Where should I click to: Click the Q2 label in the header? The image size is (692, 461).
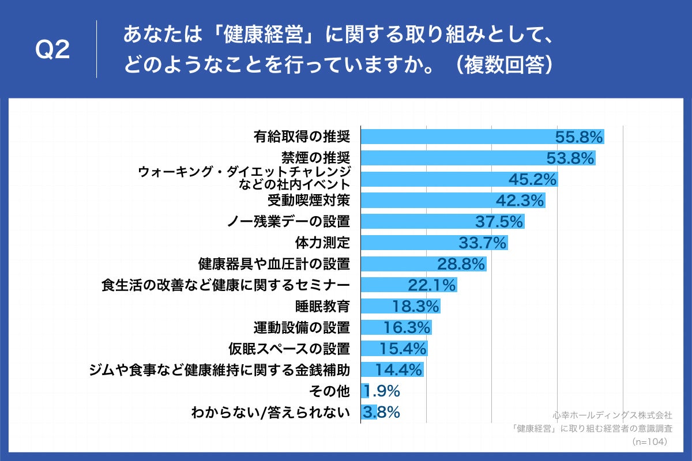(52, 50)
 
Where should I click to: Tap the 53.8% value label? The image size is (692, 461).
(570, 158)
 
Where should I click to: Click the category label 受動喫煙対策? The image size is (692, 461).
(309, 200)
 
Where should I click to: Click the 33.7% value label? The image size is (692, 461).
(482, 243)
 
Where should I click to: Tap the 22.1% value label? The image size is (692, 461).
(432, 285)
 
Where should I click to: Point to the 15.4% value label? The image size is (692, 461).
(403, 349)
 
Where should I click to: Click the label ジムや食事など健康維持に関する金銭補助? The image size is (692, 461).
(220, 369)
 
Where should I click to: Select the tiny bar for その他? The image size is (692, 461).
(364, 391)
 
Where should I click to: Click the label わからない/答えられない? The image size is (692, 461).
(270, 412)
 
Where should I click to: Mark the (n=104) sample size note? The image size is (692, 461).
(650, 442)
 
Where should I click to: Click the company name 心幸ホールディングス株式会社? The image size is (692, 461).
(612, 415)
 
